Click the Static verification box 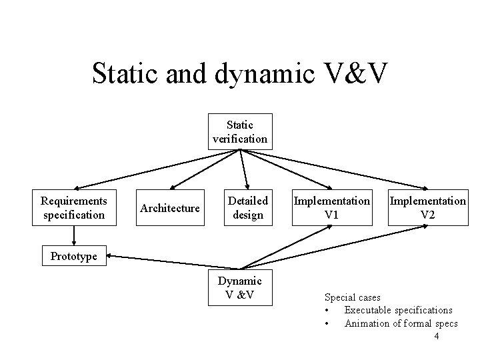[x=240, y=131]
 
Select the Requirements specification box [x=73, y=207]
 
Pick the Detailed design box [x=248, y=207]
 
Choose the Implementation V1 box [x=331, y=207]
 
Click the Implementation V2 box [x=427, y=207]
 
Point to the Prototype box [x=73, y=255]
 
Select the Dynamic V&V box [x=240, y=287]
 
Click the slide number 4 [x=436, y=337]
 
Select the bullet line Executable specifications [x=398, y=310]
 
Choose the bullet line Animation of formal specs [x=401, y=323]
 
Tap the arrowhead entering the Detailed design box [x=247, y=188]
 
